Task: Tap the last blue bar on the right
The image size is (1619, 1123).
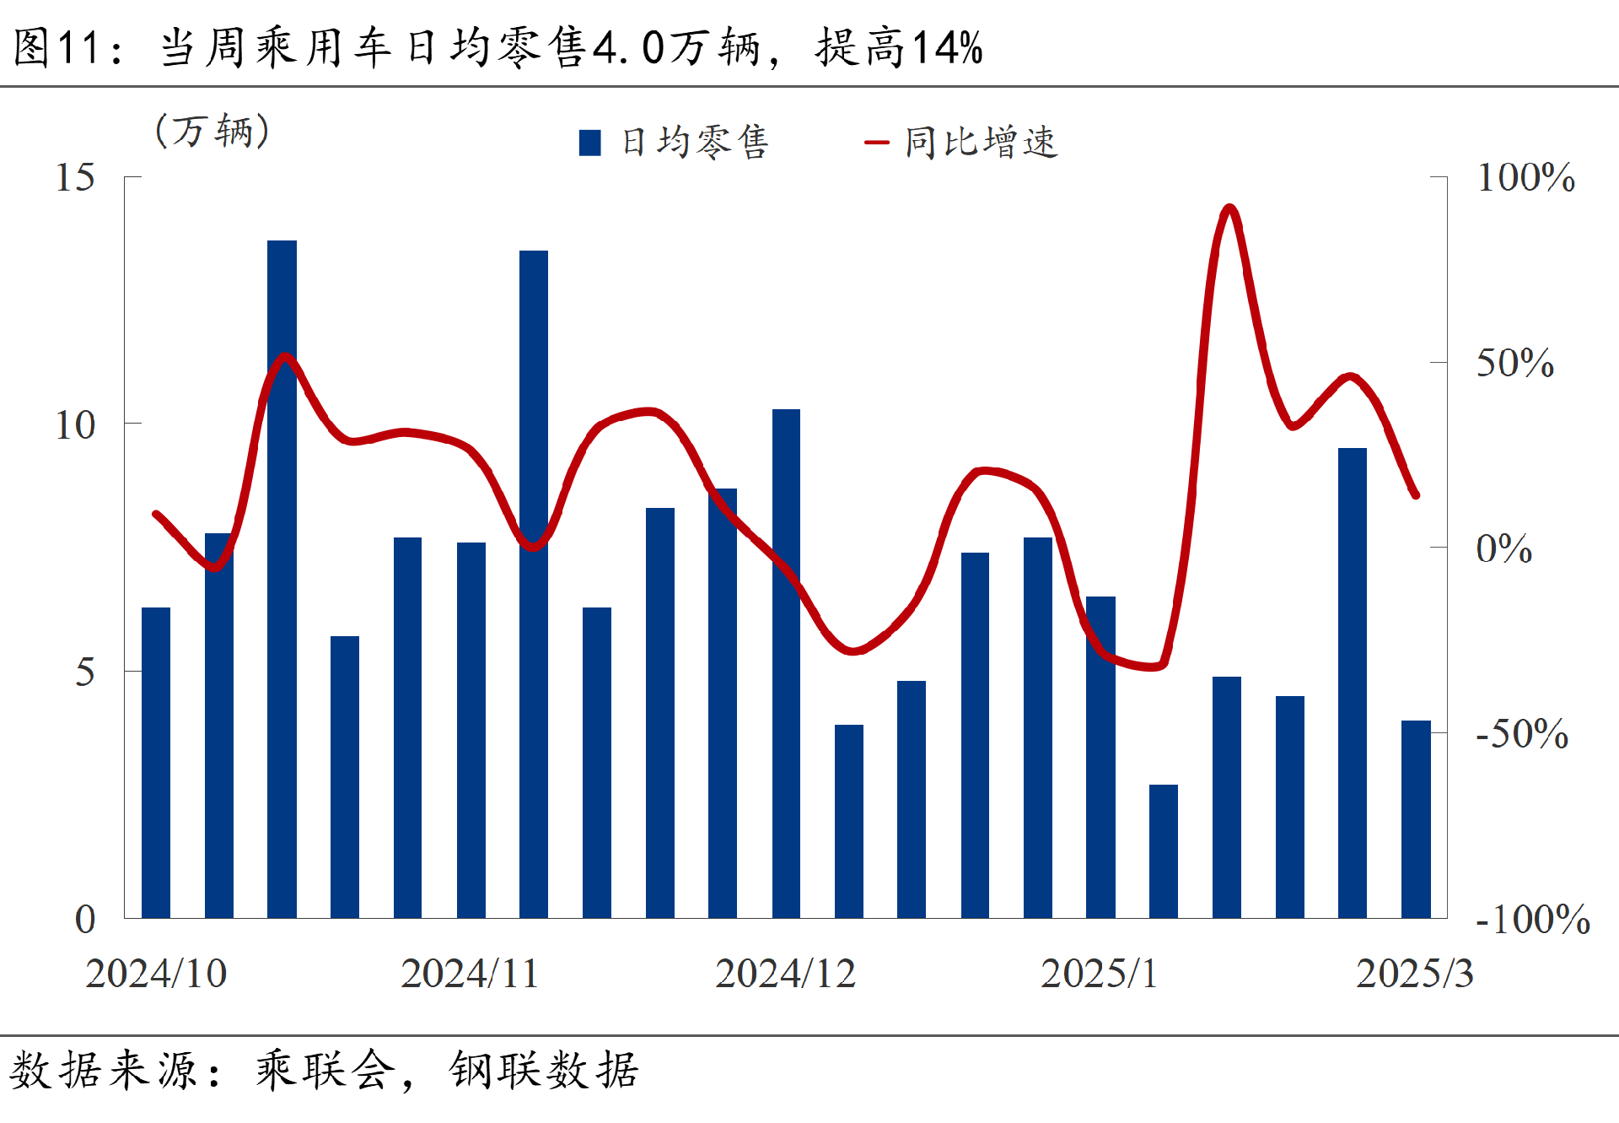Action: click(x=1415, y=818)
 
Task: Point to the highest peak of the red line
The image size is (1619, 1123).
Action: click(x=1229, y=208)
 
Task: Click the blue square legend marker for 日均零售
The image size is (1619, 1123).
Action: click(x=590, y=143)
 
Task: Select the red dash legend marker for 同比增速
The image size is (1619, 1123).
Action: click(x=877, y=143)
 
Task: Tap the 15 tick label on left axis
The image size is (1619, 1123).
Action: click(x=74, y=178)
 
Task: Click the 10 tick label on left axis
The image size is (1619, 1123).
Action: click(x=74, y=425)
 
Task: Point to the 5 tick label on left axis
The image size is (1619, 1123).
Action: click(x=84, y=672)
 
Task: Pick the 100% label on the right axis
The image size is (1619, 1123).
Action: click(x=1525, y=178)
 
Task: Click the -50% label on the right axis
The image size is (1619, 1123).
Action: click(x=1522, y=734)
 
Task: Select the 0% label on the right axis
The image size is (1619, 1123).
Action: click(x=1503, y=549)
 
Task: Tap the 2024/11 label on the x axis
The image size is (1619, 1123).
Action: click(x=470, y=974)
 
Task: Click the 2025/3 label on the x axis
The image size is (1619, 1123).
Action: click(x=1414, y=974)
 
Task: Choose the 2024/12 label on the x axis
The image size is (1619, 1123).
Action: click(x=785, y=974)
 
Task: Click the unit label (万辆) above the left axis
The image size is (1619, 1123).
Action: click(x=212, y=132)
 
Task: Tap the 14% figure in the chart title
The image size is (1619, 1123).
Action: click(x=947, y=47)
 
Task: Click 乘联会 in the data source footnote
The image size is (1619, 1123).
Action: click(x=325, y=1071)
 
